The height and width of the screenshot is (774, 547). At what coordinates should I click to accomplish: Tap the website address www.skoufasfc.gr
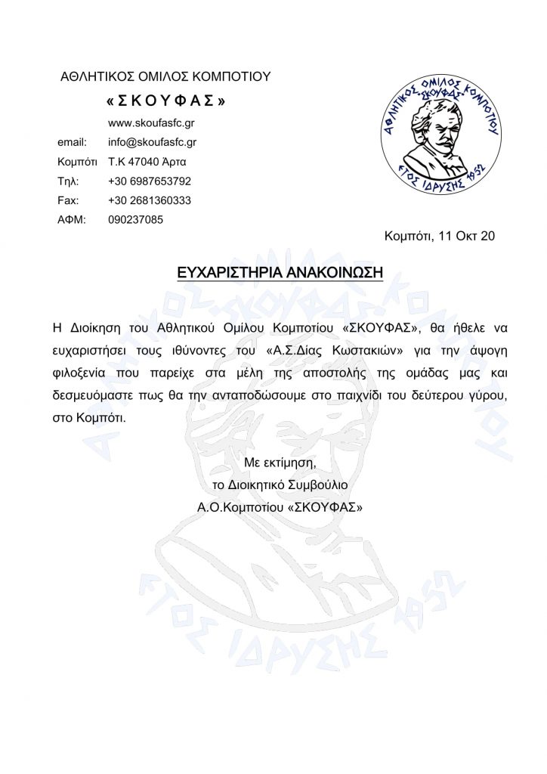coord(152,122)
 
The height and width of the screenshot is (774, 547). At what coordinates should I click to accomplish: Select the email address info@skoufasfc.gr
coord(153,141)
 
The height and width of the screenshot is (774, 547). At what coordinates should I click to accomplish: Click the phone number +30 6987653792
coord(150,181)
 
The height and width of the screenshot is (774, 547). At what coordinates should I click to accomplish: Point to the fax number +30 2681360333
coord(150,200)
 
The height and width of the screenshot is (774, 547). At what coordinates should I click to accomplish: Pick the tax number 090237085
coord(136,220)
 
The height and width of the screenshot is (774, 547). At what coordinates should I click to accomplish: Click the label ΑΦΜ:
coord(72,220)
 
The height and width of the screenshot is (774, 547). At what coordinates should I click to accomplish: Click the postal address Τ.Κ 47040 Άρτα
coord(147,161)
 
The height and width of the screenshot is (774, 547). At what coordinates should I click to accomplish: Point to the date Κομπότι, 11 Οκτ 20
coord(440,237)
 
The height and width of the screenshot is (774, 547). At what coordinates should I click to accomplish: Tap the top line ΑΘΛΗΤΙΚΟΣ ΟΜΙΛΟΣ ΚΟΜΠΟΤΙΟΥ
coord(165,76)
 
